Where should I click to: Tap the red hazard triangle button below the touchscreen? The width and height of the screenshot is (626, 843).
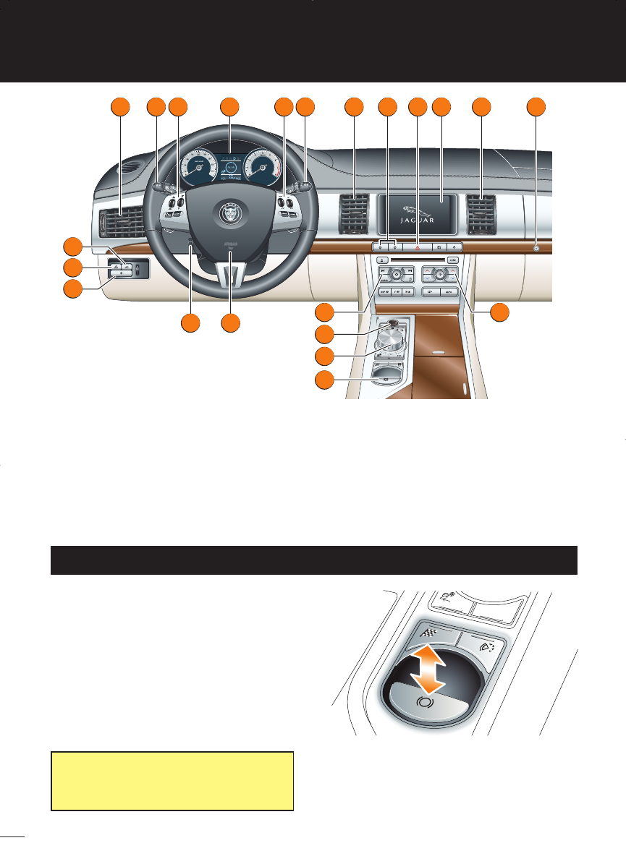pos(418,247)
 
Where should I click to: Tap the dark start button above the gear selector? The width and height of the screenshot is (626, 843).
pos(392,322)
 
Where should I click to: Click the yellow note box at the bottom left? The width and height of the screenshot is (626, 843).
pos(172,780)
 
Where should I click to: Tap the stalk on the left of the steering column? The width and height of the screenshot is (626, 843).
pos(158,188)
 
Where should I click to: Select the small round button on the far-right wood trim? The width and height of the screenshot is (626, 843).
pos(536,247)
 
